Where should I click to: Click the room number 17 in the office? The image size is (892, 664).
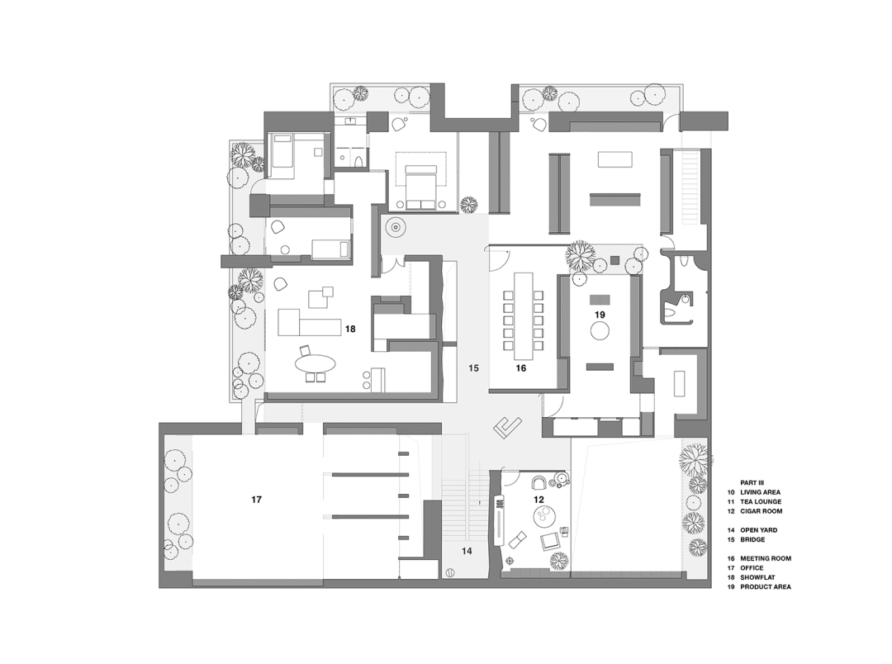(257, 500)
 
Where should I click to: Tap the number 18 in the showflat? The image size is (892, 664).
(350, 329)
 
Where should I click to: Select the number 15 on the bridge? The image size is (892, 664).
(472, 368)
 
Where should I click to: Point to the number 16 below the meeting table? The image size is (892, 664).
(521, 368)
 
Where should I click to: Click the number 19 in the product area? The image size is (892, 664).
(600, 315)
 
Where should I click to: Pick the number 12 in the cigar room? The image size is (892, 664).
(539, 500)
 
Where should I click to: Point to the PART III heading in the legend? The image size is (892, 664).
(752, 482)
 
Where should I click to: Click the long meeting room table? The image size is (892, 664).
(523, 310)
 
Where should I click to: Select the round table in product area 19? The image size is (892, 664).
(600, 331)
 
